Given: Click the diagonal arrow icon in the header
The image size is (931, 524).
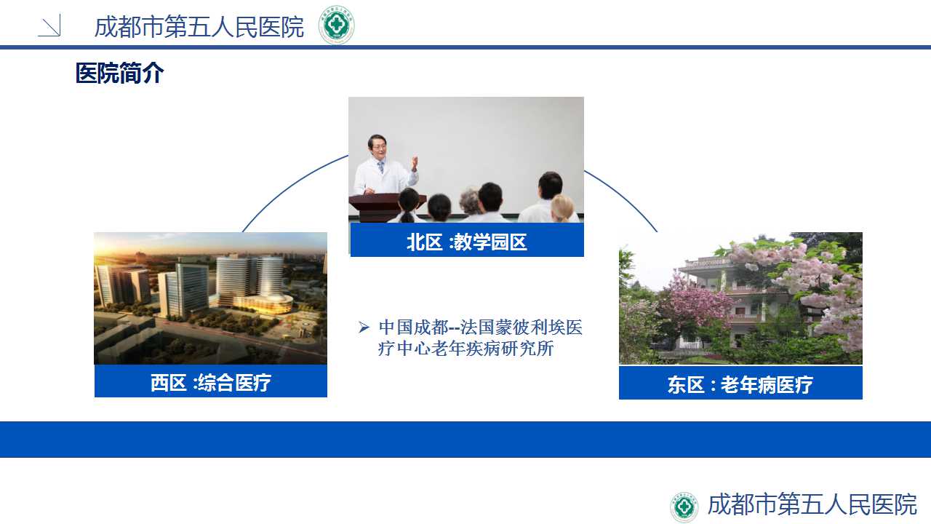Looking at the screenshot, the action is (49, 25).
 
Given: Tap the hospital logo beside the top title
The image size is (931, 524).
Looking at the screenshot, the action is (336, 25).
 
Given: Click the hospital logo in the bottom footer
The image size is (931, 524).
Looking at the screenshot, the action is (684, 507).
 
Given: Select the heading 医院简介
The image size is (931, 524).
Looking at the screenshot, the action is (120, 74).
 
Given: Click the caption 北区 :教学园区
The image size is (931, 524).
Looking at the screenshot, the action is (467, 242).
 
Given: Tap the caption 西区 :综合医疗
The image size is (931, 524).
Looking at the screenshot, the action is (211, 382).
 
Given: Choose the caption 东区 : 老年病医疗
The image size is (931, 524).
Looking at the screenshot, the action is (740, 385).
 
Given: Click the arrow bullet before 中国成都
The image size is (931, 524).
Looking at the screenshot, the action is (364, 327).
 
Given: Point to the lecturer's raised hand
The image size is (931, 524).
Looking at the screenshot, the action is (415, 163).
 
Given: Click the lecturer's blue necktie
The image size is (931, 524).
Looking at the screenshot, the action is (380, 167).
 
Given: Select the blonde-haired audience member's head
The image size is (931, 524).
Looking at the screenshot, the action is (562, 208).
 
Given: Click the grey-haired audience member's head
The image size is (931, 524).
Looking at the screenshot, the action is (470, 202).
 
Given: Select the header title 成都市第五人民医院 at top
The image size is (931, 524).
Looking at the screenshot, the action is (199, 27).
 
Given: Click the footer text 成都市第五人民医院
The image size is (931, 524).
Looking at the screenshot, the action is (812, 504).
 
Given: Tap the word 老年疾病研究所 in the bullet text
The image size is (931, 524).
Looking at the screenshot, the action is (492, 348).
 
